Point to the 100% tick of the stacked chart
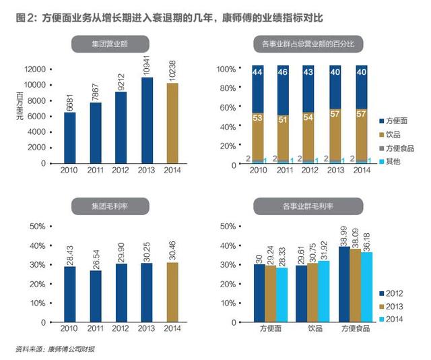pos(226,69)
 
